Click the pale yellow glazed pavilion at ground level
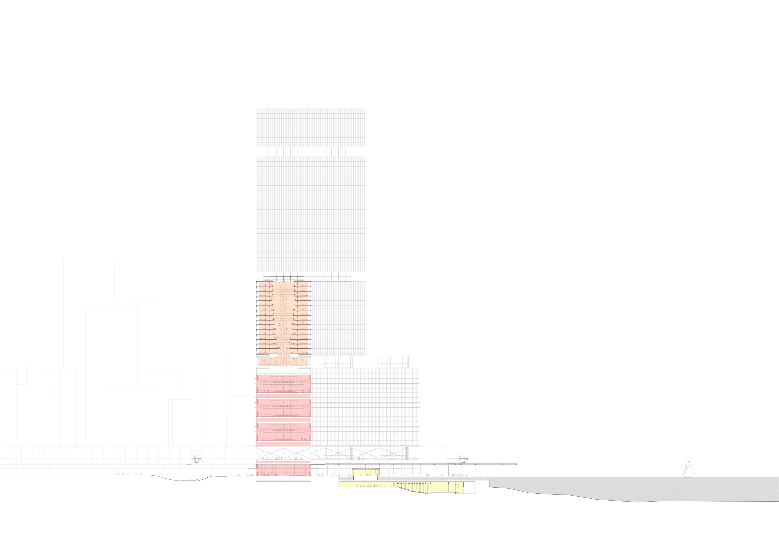click(x=365, y=472)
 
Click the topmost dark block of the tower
click(x=311, y=128)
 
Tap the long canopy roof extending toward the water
click(x=421, y=464)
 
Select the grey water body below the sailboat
click(x=645, y=488)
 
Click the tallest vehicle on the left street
click(x=118, y=472)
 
